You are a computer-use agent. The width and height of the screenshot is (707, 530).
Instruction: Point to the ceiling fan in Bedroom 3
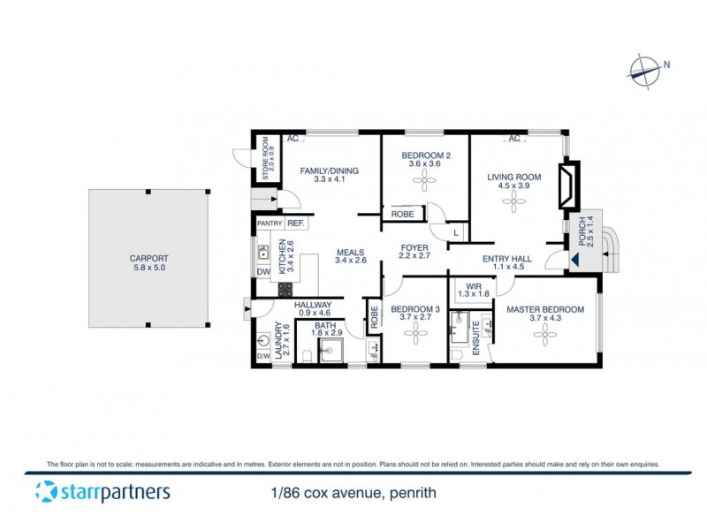[414, 332]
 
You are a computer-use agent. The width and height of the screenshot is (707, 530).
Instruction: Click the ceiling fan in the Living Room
[513, 202]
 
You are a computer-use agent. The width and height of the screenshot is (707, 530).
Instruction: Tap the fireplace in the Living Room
[569, 185]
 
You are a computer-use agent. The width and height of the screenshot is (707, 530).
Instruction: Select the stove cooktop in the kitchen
[285, 288]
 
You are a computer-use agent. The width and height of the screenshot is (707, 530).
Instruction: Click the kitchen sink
[263, 254]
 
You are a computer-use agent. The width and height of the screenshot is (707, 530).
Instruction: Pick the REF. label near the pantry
[295, 223]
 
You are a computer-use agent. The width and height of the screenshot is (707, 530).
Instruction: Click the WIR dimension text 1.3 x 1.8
[473, 293]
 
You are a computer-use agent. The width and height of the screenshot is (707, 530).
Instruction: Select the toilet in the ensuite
[456, 356]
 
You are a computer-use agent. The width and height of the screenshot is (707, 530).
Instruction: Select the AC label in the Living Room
[513, 139]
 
